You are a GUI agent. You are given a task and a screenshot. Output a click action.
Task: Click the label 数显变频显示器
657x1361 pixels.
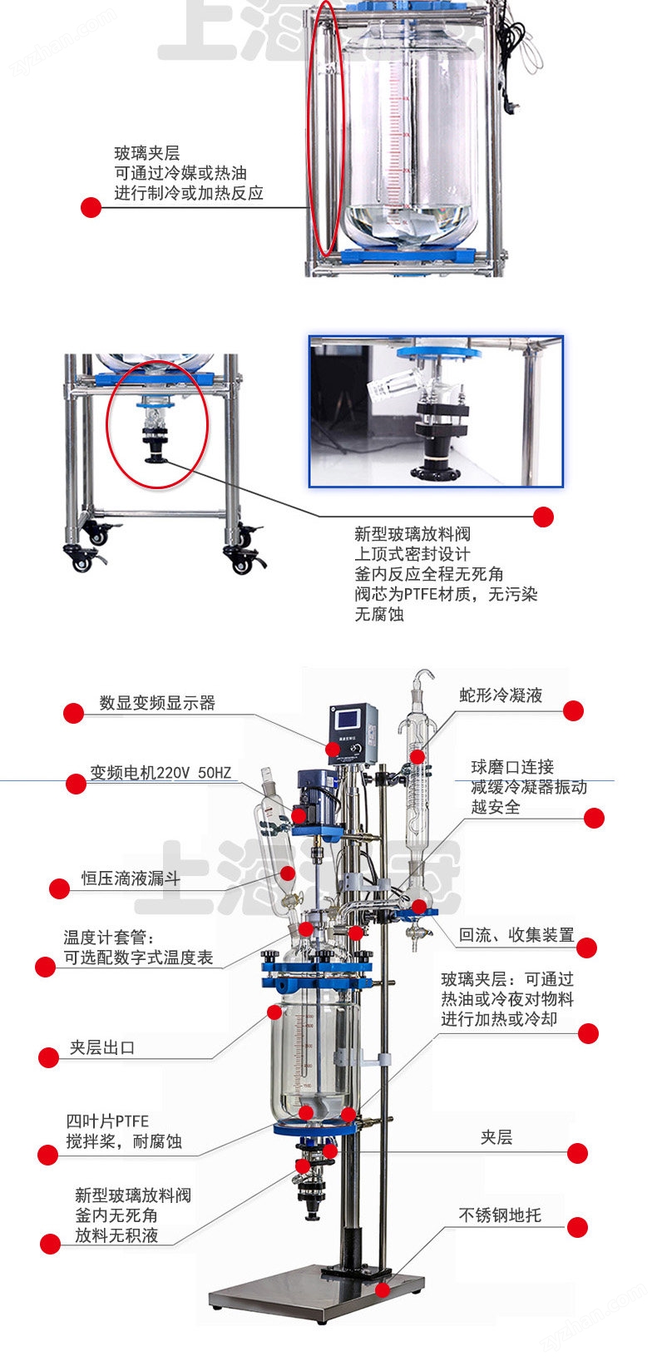point(157,703)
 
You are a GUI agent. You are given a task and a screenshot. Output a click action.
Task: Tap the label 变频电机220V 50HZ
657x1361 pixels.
point(161,773)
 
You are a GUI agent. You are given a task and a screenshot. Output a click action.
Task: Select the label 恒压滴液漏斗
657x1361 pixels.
point(131,878)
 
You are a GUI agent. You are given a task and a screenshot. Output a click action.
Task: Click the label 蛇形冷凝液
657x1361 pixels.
point(501,695)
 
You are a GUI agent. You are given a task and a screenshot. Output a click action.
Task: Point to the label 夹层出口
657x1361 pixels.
point(101,1048)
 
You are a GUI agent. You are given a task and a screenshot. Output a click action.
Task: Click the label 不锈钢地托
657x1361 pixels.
point(500,1215)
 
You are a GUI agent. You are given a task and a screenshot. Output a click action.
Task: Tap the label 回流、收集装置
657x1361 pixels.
point(516,935)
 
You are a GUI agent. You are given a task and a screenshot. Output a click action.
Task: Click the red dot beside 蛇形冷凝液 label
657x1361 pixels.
point(573,710)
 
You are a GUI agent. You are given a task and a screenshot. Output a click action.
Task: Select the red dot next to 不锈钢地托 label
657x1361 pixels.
point(577,1227)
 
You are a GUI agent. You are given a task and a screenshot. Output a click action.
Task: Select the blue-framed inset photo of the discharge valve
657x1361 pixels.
point(436,412)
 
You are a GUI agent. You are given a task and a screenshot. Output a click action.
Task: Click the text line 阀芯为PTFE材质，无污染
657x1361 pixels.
point(446,595)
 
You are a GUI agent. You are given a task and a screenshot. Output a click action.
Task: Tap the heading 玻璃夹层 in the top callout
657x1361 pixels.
point(146,153)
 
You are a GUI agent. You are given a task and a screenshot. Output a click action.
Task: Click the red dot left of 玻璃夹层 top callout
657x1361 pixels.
point(91,207)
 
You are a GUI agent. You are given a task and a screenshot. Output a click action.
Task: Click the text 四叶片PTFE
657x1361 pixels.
point(107,1121)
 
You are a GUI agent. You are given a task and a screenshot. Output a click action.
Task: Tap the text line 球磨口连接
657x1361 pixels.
point(511,767)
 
